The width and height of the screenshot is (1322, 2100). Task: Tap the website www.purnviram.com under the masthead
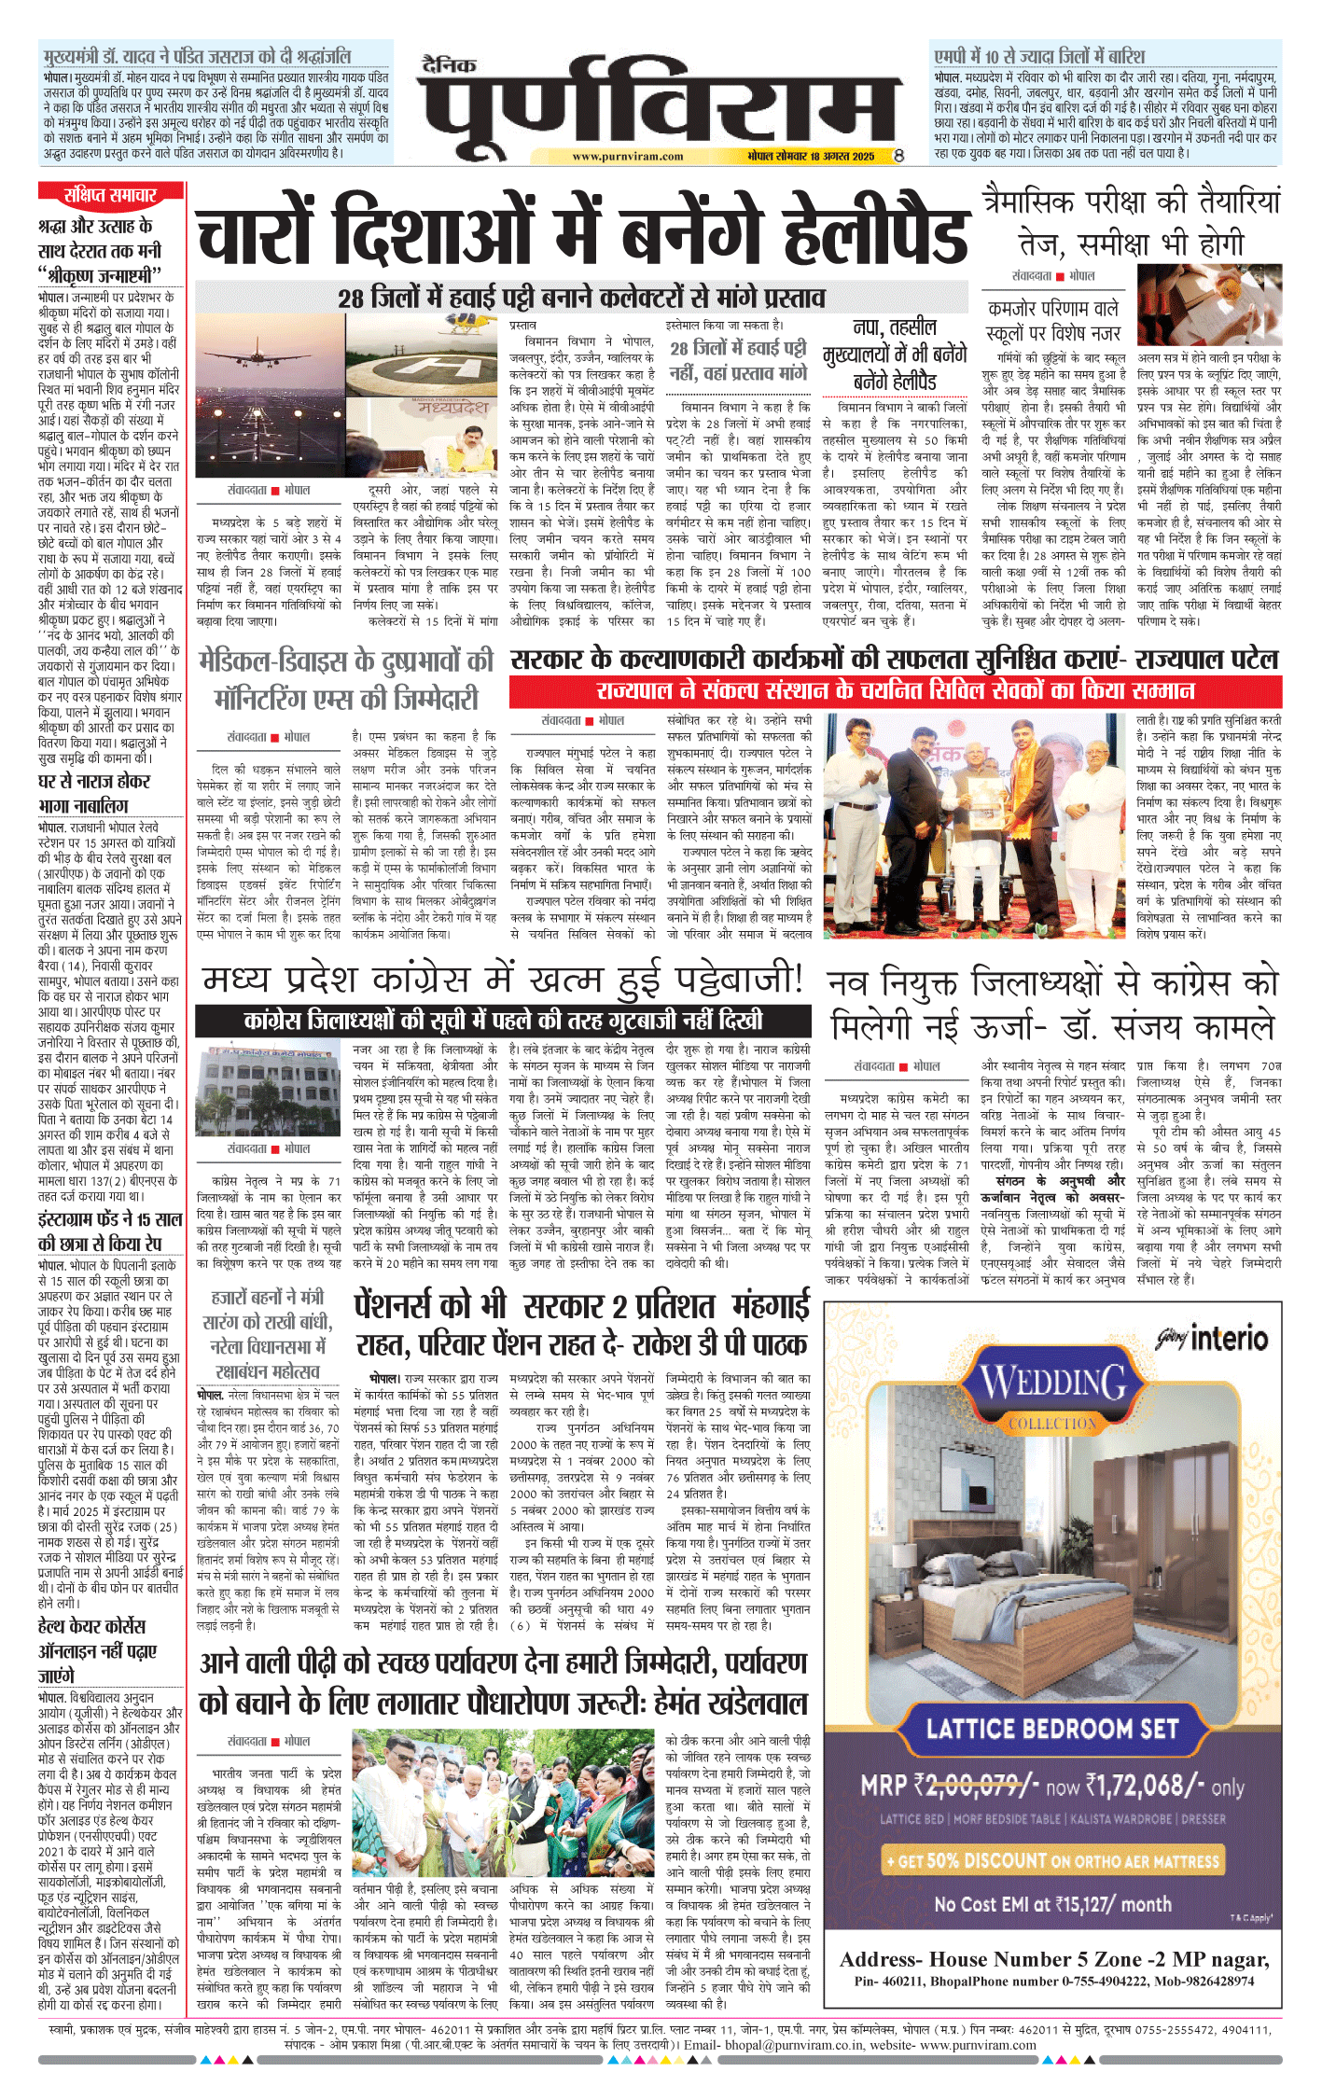[x=627, y=157]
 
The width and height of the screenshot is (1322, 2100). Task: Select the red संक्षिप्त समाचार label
[x=110, y=195]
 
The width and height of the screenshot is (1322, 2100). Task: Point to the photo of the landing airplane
[x=270, y=397]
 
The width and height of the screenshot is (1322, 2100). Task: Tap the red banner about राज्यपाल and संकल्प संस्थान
[x=895, y=692]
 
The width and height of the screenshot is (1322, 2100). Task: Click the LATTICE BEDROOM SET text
[x=1052, y=1729]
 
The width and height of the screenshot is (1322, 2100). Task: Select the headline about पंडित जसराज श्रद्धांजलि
[x=196, y=56]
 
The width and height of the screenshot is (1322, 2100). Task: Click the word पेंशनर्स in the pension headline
[x=430, y=1307]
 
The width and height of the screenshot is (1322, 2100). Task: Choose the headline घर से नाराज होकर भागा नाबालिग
[x=94, y=793]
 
